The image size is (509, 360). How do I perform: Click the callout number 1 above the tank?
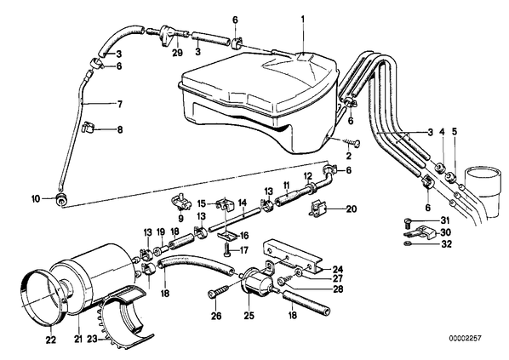[303, 20]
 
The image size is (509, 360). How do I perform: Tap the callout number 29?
[178, 53]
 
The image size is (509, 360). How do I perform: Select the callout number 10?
[36, 198]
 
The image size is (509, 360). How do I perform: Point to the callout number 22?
[51, 340]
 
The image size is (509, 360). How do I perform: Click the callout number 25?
[249, 315]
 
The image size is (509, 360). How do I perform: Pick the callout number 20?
[352, 209]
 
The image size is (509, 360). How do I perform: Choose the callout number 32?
[447, 243]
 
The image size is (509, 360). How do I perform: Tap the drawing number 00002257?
[466, 338]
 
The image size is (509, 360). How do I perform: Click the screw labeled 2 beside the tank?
[350, 142]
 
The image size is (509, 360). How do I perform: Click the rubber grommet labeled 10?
[60, 199]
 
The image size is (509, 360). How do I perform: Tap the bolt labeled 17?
[226, 249]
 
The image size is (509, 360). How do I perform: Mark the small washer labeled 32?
[408, 243]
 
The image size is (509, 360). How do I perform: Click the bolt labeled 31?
[408, 223]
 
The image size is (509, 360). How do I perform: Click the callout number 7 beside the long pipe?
[120, 104]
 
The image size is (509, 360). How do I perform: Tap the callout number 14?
[243, 203]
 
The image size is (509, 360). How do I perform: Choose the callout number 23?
[92, 339]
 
